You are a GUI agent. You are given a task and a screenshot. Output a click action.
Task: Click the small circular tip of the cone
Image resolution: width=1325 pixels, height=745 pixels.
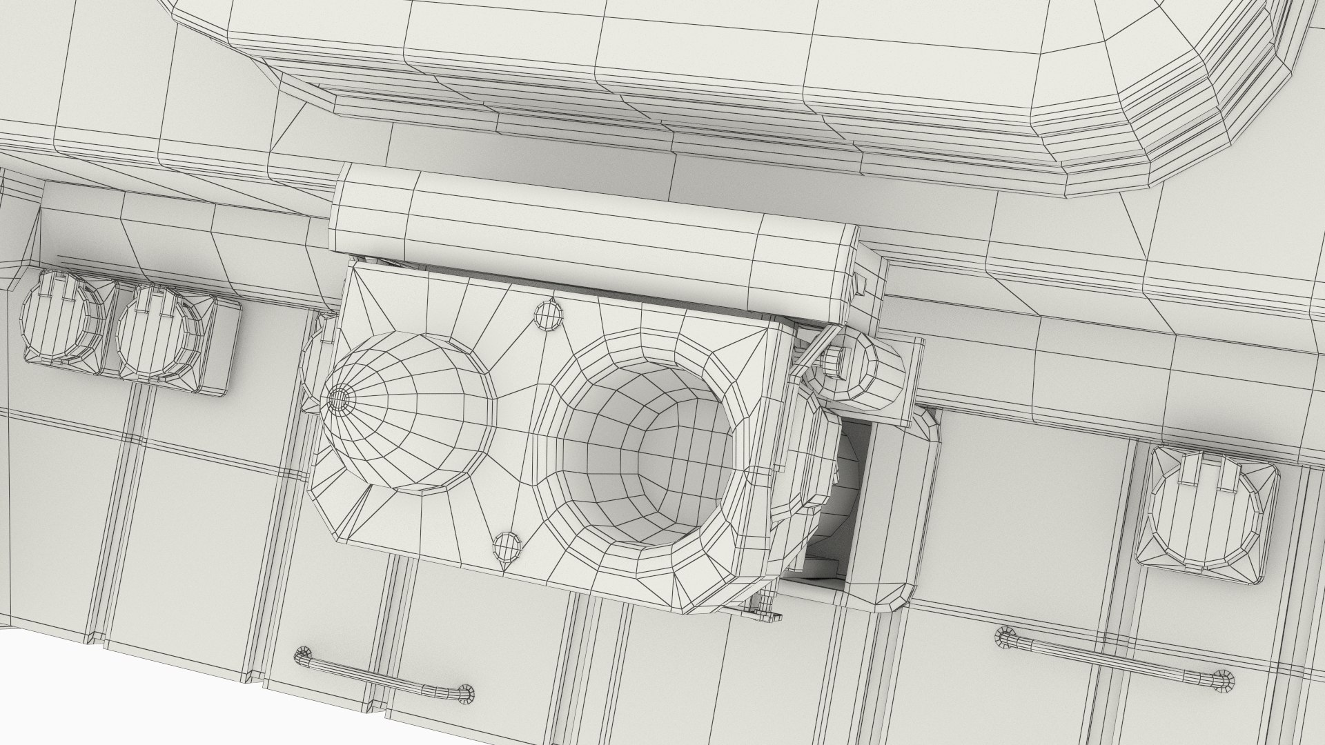(x=337, y=398)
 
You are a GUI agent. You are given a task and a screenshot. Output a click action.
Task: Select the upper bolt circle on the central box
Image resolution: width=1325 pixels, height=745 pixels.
(x=549, y=315)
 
